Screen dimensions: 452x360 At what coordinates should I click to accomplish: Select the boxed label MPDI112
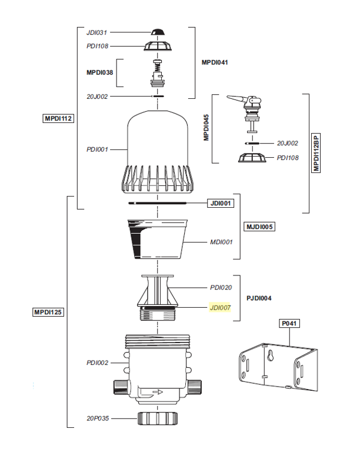(x=58, y=118)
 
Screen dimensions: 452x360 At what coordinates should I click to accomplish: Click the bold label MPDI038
(x=99, y=72)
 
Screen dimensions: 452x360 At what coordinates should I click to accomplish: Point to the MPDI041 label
(x=215, y=62)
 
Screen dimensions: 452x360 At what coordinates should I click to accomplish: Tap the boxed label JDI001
(x=221, y=204)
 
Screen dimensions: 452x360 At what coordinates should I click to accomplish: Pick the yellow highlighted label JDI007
(x=221, y=307)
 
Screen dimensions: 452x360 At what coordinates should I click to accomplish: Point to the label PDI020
(x=221, y=287)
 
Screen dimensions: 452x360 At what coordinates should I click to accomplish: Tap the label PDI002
(x=97, y=363)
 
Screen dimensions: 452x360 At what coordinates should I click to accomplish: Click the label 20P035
(x=97, y=418)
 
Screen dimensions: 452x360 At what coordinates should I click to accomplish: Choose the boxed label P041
(x=290, y=323)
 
